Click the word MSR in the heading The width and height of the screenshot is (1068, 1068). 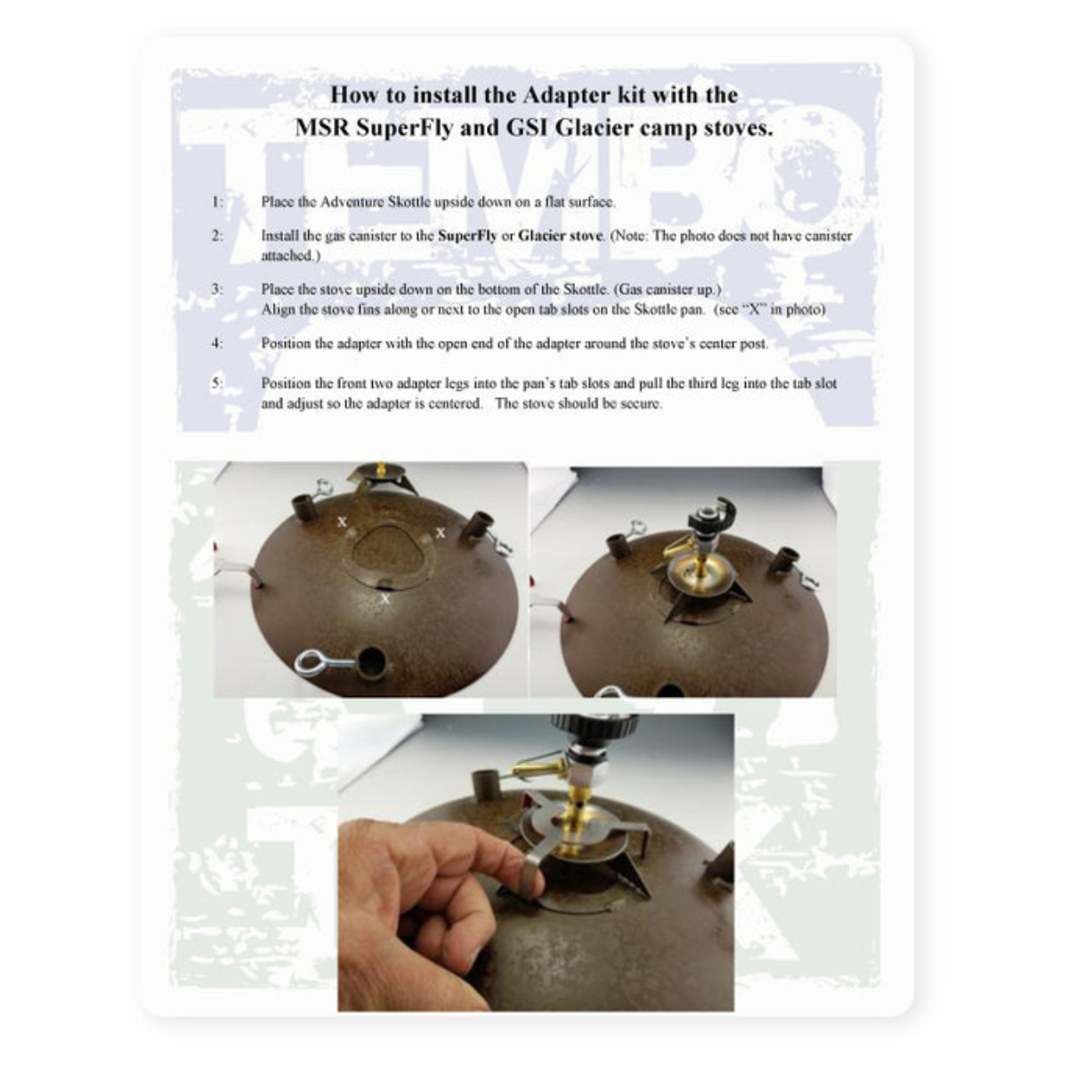click(322, 128)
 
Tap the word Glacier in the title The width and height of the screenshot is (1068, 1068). click(593, 128)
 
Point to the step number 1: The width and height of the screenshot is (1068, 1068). click(217, 202)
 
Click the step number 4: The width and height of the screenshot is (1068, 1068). click(217, 344)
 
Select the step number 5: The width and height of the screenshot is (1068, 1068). click(217, 384)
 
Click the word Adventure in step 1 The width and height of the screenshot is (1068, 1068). click(352, 202)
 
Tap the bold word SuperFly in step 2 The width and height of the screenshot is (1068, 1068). click(467, 236)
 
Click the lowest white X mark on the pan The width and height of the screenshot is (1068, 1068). click(385, 599)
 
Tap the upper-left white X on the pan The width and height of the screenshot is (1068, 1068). click(343, 521)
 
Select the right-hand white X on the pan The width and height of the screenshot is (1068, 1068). click(441, 532)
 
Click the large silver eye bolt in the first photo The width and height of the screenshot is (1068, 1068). click(324, 662)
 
